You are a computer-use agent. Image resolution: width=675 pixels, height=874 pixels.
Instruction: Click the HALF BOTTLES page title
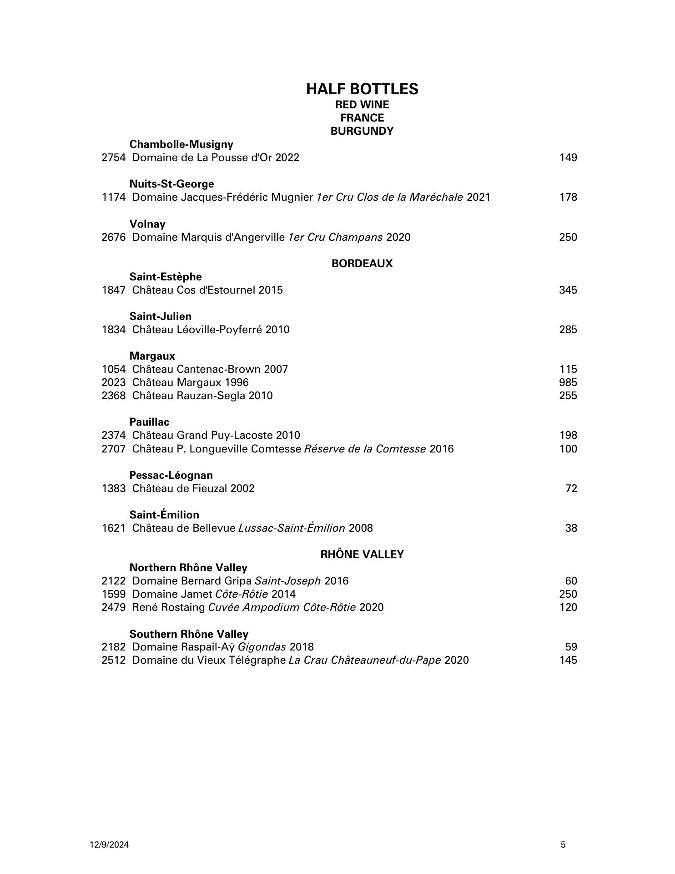click(x=362, y=89)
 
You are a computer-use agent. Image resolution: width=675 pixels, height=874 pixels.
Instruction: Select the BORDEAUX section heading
click(x=362, y=264)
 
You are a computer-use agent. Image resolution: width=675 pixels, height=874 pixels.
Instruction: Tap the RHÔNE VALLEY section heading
click(x=362, y=554)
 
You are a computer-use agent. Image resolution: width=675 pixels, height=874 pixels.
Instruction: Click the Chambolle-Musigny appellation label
click(x=181, y=144)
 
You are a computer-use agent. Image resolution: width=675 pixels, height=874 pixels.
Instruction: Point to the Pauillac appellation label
click(x=149, y=422)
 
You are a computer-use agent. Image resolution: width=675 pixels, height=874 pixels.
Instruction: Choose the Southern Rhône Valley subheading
click(x=189, y=634)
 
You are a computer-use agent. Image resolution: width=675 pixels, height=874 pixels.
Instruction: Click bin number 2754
click(x=113, y=158)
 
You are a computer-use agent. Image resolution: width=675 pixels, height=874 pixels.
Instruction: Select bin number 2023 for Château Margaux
click(x=113, y=382)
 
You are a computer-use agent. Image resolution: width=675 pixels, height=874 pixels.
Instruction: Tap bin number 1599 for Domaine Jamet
click(x=113, y=594)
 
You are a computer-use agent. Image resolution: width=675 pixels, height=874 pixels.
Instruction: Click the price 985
click(x=568, y=382)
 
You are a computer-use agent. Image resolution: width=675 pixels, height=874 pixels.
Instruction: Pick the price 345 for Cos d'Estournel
click(x=568, y=290)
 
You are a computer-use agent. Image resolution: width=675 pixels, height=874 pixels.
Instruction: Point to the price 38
click(x=571, y=528)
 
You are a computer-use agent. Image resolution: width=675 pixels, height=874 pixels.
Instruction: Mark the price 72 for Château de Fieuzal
click(x=571, y=488)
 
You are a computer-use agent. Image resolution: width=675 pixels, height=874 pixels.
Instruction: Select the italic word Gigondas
click(x=262, y=647)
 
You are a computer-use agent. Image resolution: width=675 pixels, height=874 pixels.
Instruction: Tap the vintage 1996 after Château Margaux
click(x=237, y=382)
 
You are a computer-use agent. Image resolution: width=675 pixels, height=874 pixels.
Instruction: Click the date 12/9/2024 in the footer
click(x=109, y=845)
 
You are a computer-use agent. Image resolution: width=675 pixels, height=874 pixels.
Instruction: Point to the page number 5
click(x=564, y=845)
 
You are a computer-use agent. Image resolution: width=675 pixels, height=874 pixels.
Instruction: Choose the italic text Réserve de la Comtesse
click(x=365, y=449)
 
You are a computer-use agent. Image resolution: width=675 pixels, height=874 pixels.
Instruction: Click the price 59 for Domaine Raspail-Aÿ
click(x=571, y=647)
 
